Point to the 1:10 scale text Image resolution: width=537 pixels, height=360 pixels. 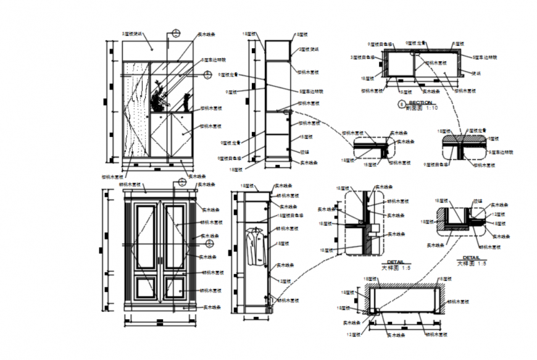(431, 107)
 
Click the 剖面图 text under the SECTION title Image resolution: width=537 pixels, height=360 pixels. (412, 107)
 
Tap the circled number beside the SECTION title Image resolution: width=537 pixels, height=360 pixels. (402, 104)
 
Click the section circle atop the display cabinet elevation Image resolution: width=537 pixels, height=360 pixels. (176, 35)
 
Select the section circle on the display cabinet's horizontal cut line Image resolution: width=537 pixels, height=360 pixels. (208, 75)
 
